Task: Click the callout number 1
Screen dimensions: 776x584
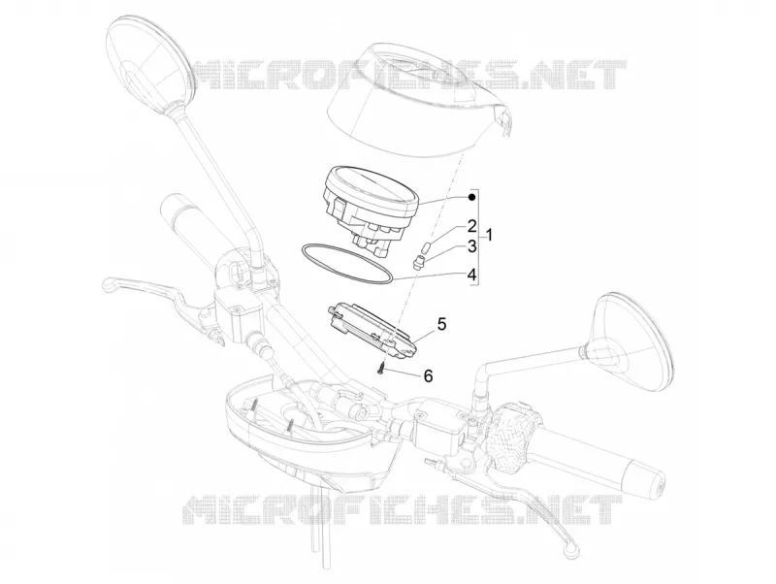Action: click(x=489, y=235)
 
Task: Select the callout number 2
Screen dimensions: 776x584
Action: click(x=471, y=226)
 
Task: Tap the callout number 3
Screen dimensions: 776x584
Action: click(x=471, y=245)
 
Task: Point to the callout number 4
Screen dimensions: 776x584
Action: click(x=471, y=275)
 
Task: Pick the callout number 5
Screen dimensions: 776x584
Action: click(x=441, y=324)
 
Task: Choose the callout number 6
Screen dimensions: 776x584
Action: click(x=428, y=375)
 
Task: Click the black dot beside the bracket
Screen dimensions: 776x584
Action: click(x=471, y=198)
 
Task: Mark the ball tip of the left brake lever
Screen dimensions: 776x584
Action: click(x=107, y=284)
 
